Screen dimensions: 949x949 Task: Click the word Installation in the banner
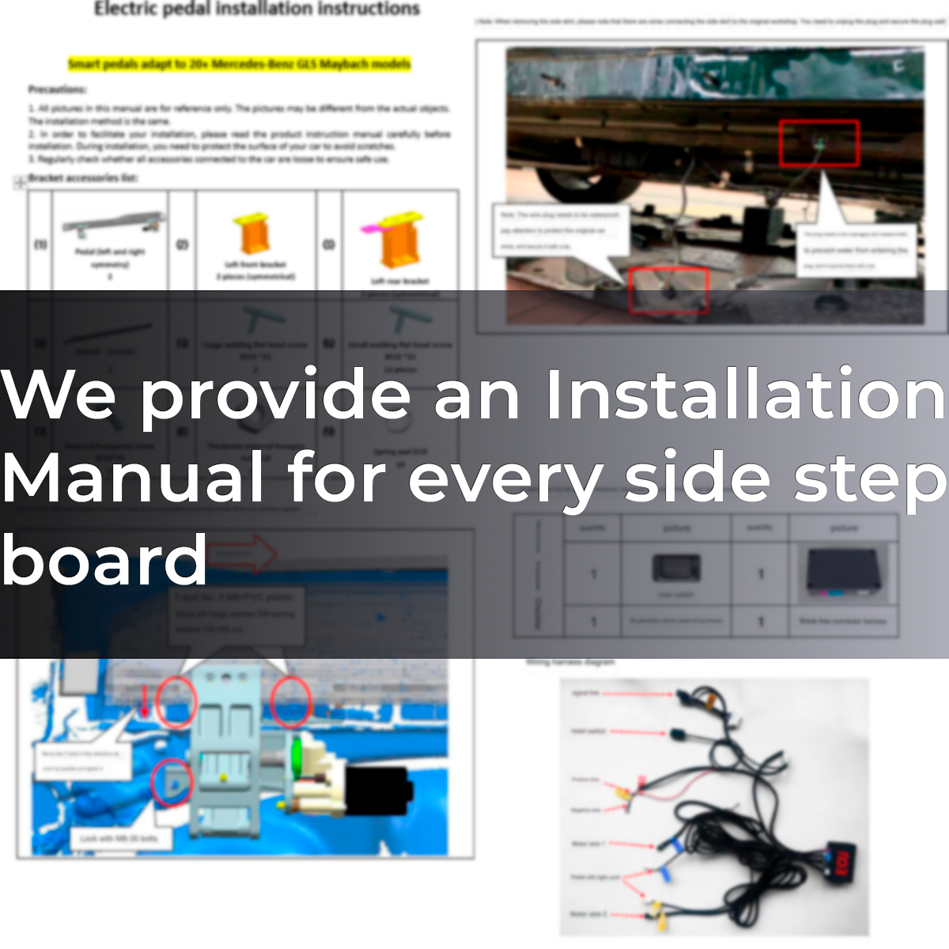click(745, 394)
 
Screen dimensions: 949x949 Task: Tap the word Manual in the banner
click(133, 478)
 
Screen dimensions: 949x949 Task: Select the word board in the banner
click(104, 560)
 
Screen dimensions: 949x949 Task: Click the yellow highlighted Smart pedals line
click(239, 63)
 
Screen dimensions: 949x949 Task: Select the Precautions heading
click(57, 89)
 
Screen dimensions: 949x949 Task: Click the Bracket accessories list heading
click(83, 178)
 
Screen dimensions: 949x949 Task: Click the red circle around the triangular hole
click(171, 782)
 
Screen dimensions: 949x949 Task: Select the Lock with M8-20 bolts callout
click(119, 838)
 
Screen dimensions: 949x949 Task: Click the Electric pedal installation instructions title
click(257, 9)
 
